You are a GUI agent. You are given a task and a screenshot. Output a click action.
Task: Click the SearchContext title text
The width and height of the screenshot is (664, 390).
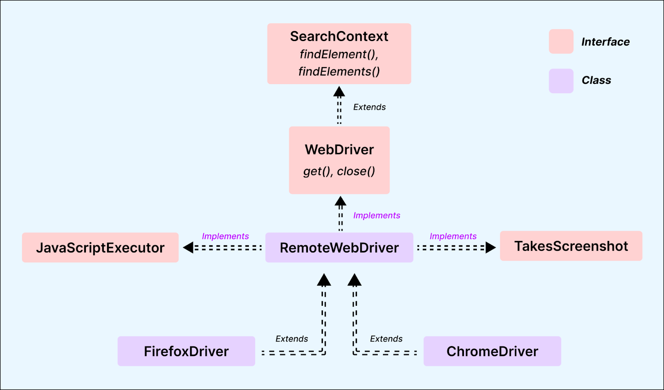(339, 36)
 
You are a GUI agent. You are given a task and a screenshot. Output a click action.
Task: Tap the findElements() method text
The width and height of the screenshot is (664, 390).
(339, 72)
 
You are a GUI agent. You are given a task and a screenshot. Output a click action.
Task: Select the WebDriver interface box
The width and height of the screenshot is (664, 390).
(339, 160)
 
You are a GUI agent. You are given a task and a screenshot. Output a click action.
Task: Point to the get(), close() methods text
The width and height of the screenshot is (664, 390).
(339, 171)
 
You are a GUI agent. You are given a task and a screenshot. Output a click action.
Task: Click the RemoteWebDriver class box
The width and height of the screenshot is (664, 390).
(339, 247)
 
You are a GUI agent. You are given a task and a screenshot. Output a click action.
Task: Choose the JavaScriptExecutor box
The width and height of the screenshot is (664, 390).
(100, 247)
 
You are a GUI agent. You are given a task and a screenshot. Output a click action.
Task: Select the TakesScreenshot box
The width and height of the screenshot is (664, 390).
(571, 246)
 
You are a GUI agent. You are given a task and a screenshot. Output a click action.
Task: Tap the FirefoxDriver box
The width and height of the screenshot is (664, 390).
(186, 351)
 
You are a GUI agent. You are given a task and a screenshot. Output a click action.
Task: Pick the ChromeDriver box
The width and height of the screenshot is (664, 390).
(492, 351)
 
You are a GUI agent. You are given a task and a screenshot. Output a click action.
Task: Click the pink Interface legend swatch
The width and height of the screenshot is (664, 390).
(561, 41)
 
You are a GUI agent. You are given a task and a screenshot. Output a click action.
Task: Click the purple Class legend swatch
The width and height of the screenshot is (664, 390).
(561, 80)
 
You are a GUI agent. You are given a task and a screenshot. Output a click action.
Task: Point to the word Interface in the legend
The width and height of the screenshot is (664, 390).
(605, 42)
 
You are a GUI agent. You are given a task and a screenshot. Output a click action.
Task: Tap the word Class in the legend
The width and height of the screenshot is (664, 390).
(596, 80)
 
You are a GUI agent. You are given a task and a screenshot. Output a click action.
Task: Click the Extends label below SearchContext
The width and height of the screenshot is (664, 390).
(369, 107)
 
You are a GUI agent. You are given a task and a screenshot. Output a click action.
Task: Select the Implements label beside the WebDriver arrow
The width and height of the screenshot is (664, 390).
(376, 216)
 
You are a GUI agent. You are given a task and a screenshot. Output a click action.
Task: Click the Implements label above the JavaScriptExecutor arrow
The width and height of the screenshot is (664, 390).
(225, 236)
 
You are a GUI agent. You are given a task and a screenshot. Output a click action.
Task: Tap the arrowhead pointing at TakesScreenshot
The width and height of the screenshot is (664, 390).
(491, 247)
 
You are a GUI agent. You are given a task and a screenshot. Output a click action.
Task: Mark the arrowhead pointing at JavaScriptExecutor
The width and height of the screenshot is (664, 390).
(188, 247)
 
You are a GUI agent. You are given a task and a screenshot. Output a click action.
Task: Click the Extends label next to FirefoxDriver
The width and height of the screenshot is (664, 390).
(292, 339)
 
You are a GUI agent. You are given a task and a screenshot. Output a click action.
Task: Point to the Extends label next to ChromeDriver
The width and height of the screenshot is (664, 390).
(386, 339)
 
